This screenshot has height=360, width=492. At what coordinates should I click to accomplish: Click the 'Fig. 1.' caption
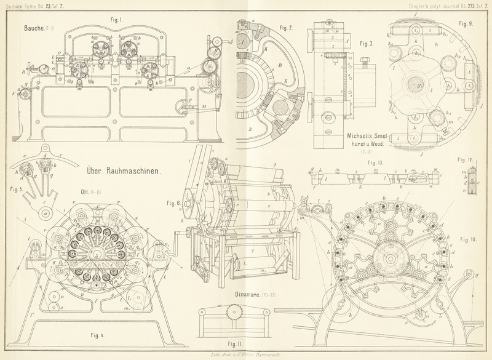[117, 19]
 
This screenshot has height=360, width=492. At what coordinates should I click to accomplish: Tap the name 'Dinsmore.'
[250, 294]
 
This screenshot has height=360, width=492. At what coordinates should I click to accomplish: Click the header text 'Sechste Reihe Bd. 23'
[25, 4]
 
